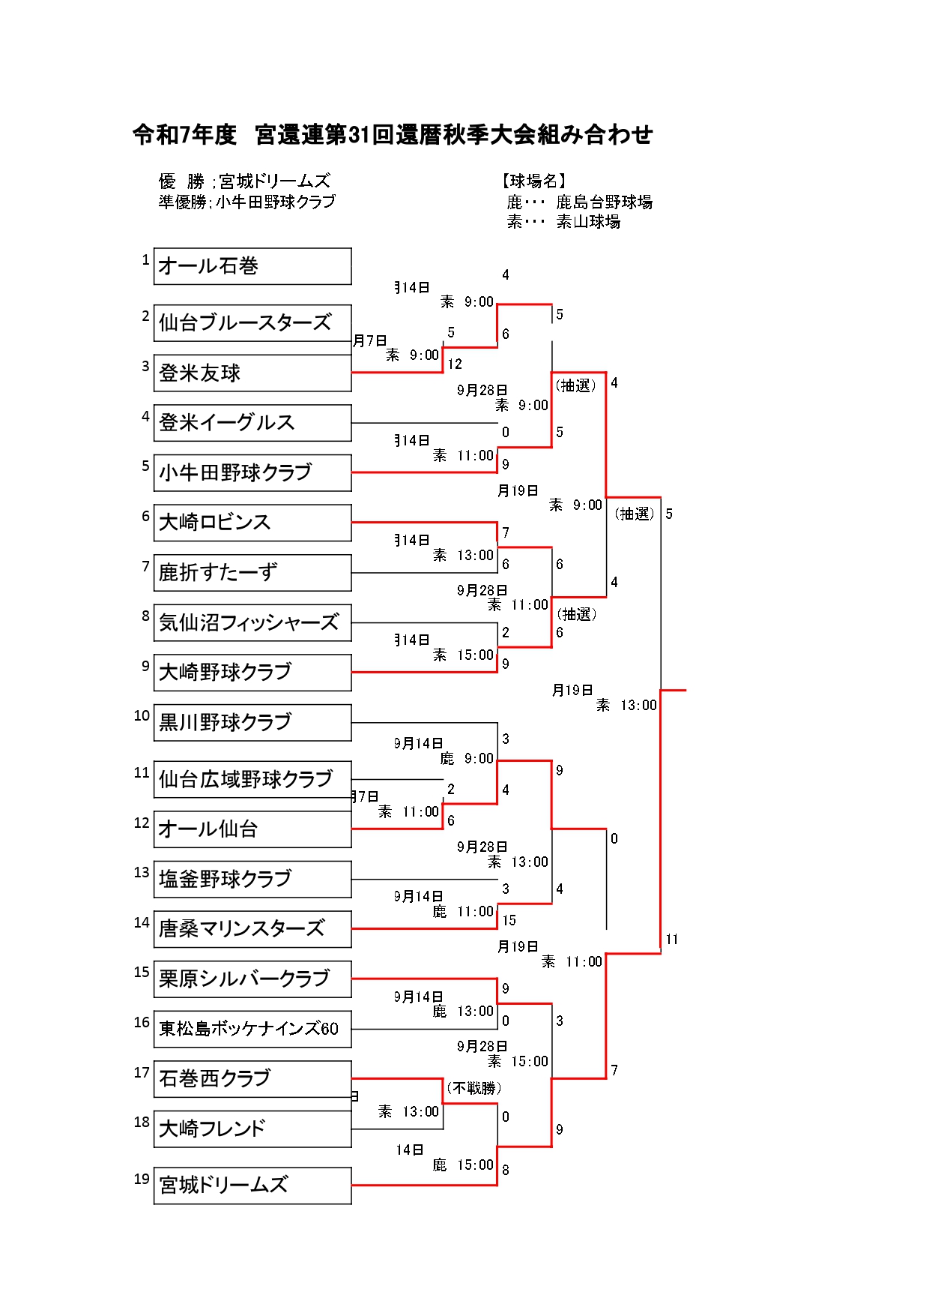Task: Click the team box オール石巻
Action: tap(252, 266)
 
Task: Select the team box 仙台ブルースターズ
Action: tap(252, 323)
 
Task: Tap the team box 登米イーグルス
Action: tap(252, 423)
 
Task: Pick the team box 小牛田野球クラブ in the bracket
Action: tap(252, 473)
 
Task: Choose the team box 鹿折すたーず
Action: tap(252, 573)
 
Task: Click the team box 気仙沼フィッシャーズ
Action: tap(252, 622)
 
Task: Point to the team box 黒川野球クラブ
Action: tap(252, 722)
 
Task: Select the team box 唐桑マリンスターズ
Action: tap(252, 929)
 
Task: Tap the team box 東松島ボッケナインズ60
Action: tap(252, 1029)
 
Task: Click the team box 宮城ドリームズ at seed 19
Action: tap(252, 1186)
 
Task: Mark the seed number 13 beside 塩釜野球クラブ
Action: tap(142, 872)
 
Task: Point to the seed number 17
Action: tap(142, 1072)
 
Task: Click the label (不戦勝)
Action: tap(473, 1088)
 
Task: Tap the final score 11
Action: tap(672, 939)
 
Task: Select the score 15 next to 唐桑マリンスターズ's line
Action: tap(509, 920)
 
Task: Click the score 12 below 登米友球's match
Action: tap(455, 364)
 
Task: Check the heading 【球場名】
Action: tap(533, 181)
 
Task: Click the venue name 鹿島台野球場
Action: tap(604, 202)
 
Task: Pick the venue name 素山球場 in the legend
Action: tap(588, 221)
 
